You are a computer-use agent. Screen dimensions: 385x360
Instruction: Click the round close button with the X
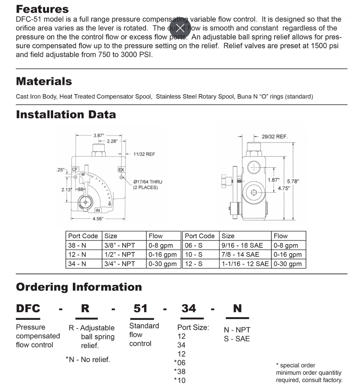[x=180, y=28]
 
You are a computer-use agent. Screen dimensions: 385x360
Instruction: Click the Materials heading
[x=44, y=81]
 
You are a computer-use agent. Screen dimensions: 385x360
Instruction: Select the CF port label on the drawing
[x=75, y=169]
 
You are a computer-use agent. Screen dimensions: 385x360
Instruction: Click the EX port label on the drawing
[x=121, y=169]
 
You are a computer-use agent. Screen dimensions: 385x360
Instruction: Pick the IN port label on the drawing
[x=98, y=210]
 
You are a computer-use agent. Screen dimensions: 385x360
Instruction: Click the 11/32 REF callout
[x=145, y=154]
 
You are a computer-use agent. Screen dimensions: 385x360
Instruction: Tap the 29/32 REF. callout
[x=274, y=137]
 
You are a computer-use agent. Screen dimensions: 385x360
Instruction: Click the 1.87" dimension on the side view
[x=274, y=180]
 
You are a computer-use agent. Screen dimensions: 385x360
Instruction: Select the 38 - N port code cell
[x=77, y=245]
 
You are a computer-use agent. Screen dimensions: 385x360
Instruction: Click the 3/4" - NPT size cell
[x=120, y=264]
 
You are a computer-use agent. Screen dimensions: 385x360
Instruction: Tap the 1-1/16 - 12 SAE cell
[x=245, y=264]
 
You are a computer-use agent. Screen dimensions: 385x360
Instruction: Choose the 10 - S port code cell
[x=194, y=255]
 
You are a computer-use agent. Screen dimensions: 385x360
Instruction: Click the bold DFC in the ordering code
[x=28, y=309]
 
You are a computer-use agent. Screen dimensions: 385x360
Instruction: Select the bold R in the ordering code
[x=85, y=309]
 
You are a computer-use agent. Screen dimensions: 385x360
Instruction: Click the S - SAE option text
[x=237, y=339]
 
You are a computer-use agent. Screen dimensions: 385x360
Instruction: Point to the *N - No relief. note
[x=88, y=360]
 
